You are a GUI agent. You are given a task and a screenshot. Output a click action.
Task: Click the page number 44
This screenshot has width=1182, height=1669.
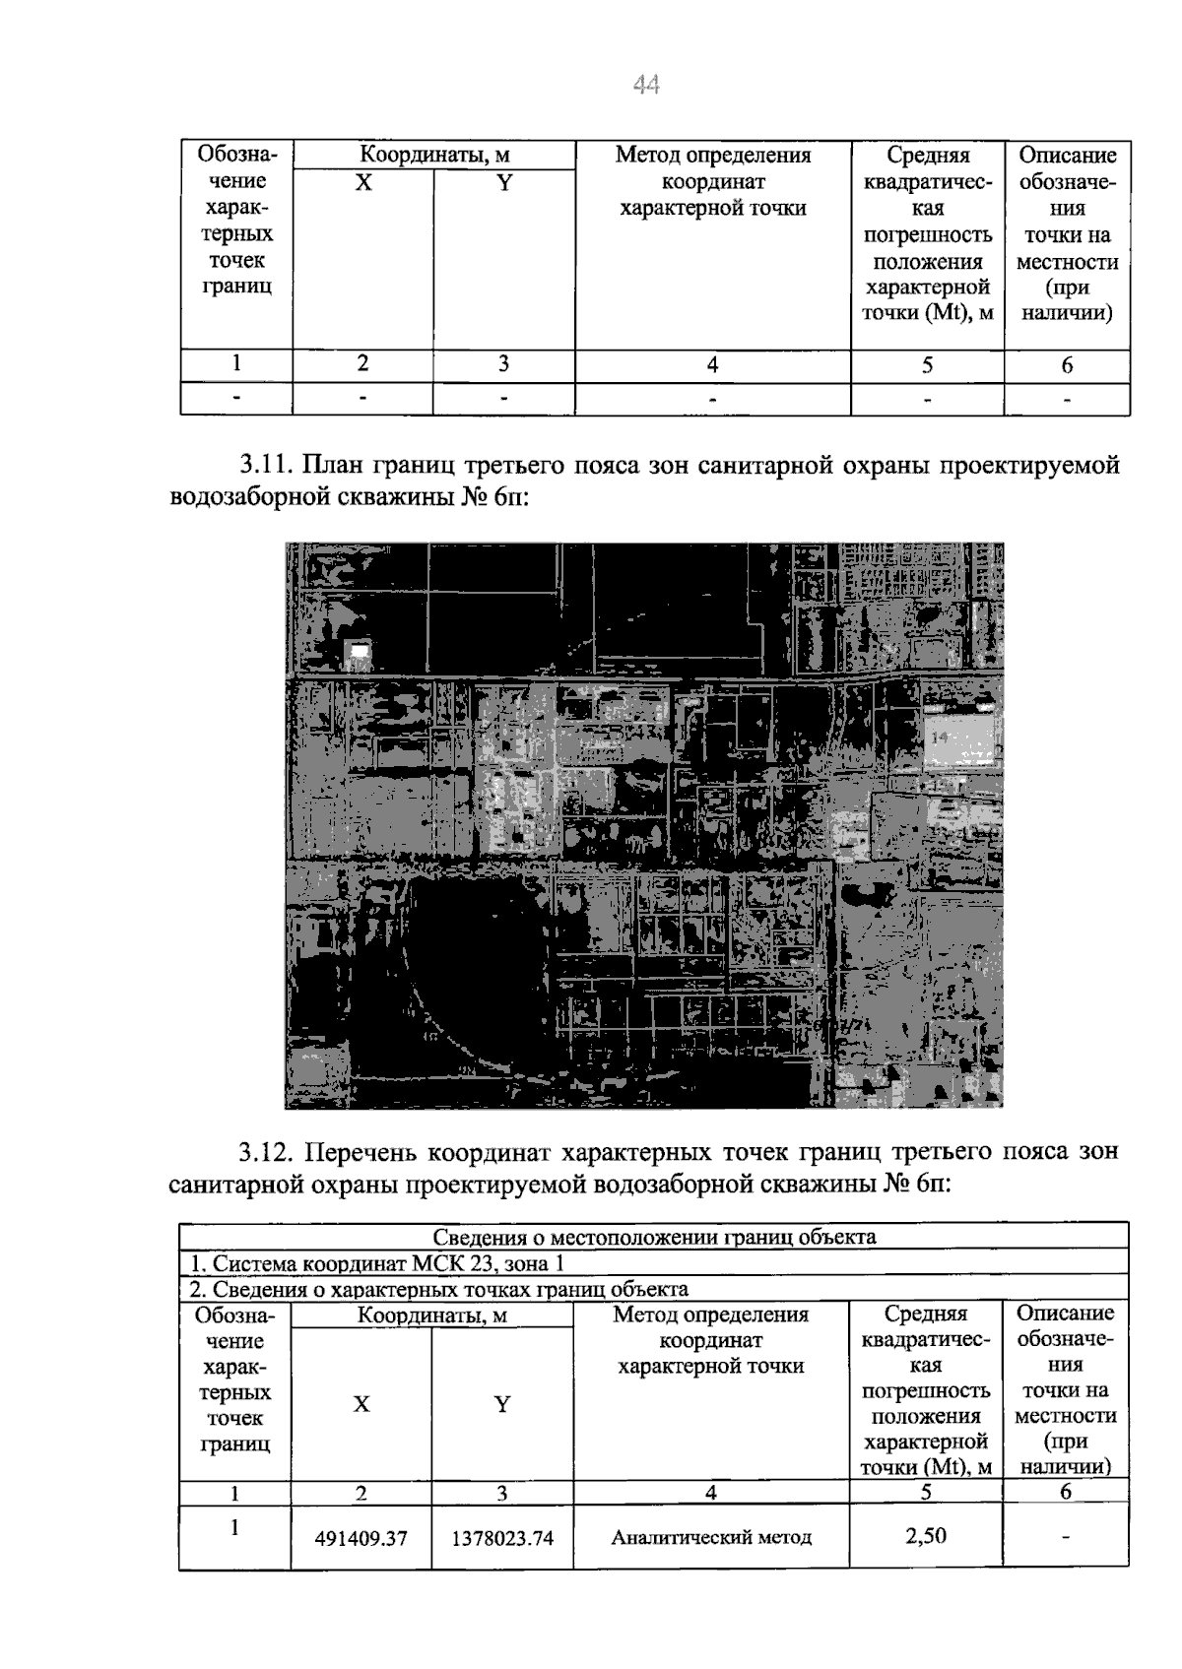tap(646, 87)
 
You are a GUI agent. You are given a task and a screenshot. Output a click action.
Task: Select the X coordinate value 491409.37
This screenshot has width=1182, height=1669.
tap(361, 1538)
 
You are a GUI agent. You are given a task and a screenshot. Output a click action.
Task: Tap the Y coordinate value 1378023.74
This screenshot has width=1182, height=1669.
tap(502, 1538)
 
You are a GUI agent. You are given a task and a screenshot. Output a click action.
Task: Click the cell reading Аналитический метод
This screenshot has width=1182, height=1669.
tap(711, 1537)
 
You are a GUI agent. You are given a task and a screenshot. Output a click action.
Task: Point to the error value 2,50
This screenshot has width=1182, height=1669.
tap(926, 1534)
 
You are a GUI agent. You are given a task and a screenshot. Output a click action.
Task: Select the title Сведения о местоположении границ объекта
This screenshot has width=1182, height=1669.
tap(654, 1237)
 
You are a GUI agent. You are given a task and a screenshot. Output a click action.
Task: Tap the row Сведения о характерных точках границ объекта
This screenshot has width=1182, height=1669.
tap(438, 1289)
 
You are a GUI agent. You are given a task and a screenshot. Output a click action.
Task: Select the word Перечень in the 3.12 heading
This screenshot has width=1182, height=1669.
tap(361, 1152)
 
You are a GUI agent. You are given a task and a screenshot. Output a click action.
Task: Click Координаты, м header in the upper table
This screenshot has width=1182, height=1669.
tap(433, 156)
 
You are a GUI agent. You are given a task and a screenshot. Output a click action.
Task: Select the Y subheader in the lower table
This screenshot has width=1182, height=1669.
tap(502, 1405)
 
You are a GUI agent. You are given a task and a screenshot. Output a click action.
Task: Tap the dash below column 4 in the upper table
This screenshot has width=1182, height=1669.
tap(712, 400)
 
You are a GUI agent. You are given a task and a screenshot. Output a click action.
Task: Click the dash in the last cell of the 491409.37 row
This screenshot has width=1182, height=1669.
tap(1066, 1537)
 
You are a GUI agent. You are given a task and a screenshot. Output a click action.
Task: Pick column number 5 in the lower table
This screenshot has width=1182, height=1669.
tap(926, 1493)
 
